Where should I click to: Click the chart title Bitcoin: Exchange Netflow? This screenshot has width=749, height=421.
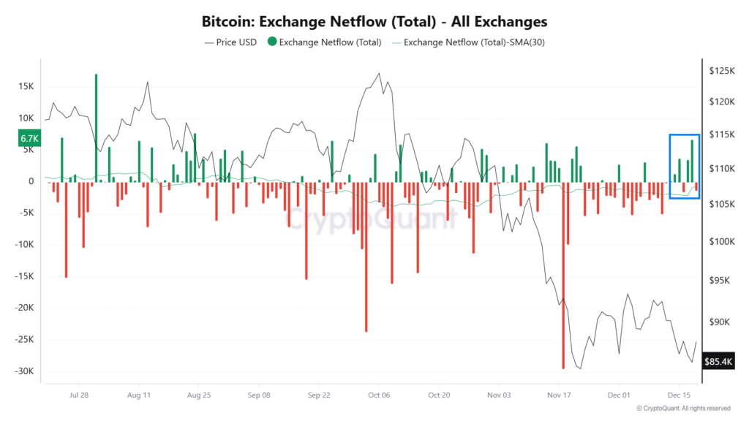pyautogui.click(x=374, y=22)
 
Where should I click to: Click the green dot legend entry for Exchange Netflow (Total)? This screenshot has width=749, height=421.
pyautogui.click(x=325, y=42)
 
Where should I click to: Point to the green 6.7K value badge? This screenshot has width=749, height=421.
pyautogui.click(x=29, y=138)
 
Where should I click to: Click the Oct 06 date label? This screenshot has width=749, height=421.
pyautogui.click(x=379, y=395)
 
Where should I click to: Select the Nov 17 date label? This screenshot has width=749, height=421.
pyautogui.click(x=559, y=395)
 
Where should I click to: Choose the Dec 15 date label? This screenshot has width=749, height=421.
pyautogui.click(x=679, y=395)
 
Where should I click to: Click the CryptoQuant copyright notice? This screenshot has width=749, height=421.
pyautogui.click(x=683, y=409)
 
